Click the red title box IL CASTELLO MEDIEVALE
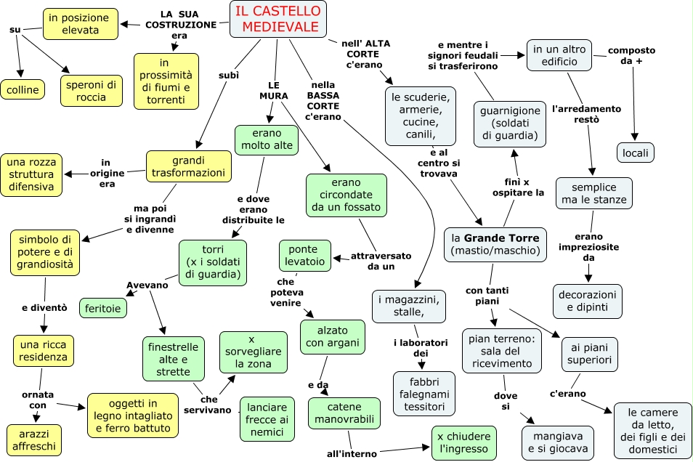(x=278, y=19)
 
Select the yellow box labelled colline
(x=23, y=90)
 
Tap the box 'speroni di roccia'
(x=91, y=91)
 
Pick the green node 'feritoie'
(x=103, y=308)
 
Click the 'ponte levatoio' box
(x=305, y=256)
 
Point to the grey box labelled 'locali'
(x=635, y=153)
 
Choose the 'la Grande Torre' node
(x=495, y=245)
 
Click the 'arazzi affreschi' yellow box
(x=34, y=440)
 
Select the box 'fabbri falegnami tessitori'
(x=423, y=394)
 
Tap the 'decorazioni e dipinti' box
(x=588, y=301)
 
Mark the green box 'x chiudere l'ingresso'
(x=463, y=443)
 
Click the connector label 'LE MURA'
(x=274, y=91)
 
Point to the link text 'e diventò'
(x=44, y=308)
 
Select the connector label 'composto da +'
(x=631, y=56)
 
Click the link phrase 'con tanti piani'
(x=487, y=296)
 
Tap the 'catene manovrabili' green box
(x=344, y=413)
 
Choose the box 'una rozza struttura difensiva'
(x=31, y=174)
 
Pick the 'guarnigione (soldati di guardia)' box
(x=510, y=123)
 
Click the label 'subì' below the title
(x=229, y=75)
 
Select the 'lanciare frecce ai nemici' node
(x=267, y=419)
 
